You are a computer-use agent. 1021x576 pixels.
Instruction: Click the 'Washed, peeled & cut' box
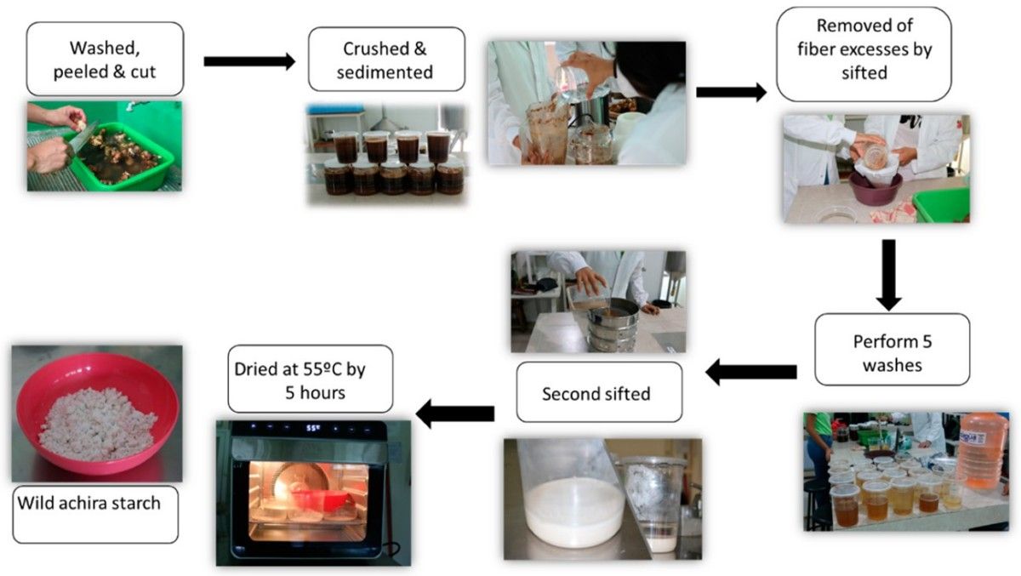pos(106,59)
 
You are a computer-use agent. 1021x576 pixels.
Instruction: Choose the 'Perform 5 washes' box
pos(892,349)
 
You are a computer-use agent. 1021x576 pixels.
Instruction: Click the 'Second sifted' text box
pos(597,392)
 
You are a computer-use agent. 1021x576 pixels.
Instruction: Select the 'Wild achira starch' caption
pos(95,513)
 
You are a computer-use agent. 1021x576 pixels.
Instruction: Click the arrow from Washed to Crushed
pos(248,61)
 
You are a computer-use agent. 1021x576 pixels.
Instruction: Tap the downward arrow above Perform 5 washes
pos(889,274)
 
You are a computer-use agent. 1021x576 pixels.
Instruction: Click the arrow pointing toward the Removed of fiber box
pos(730,92)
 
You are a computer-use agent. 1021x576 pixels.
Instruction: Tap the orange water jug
pos(981,450)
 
